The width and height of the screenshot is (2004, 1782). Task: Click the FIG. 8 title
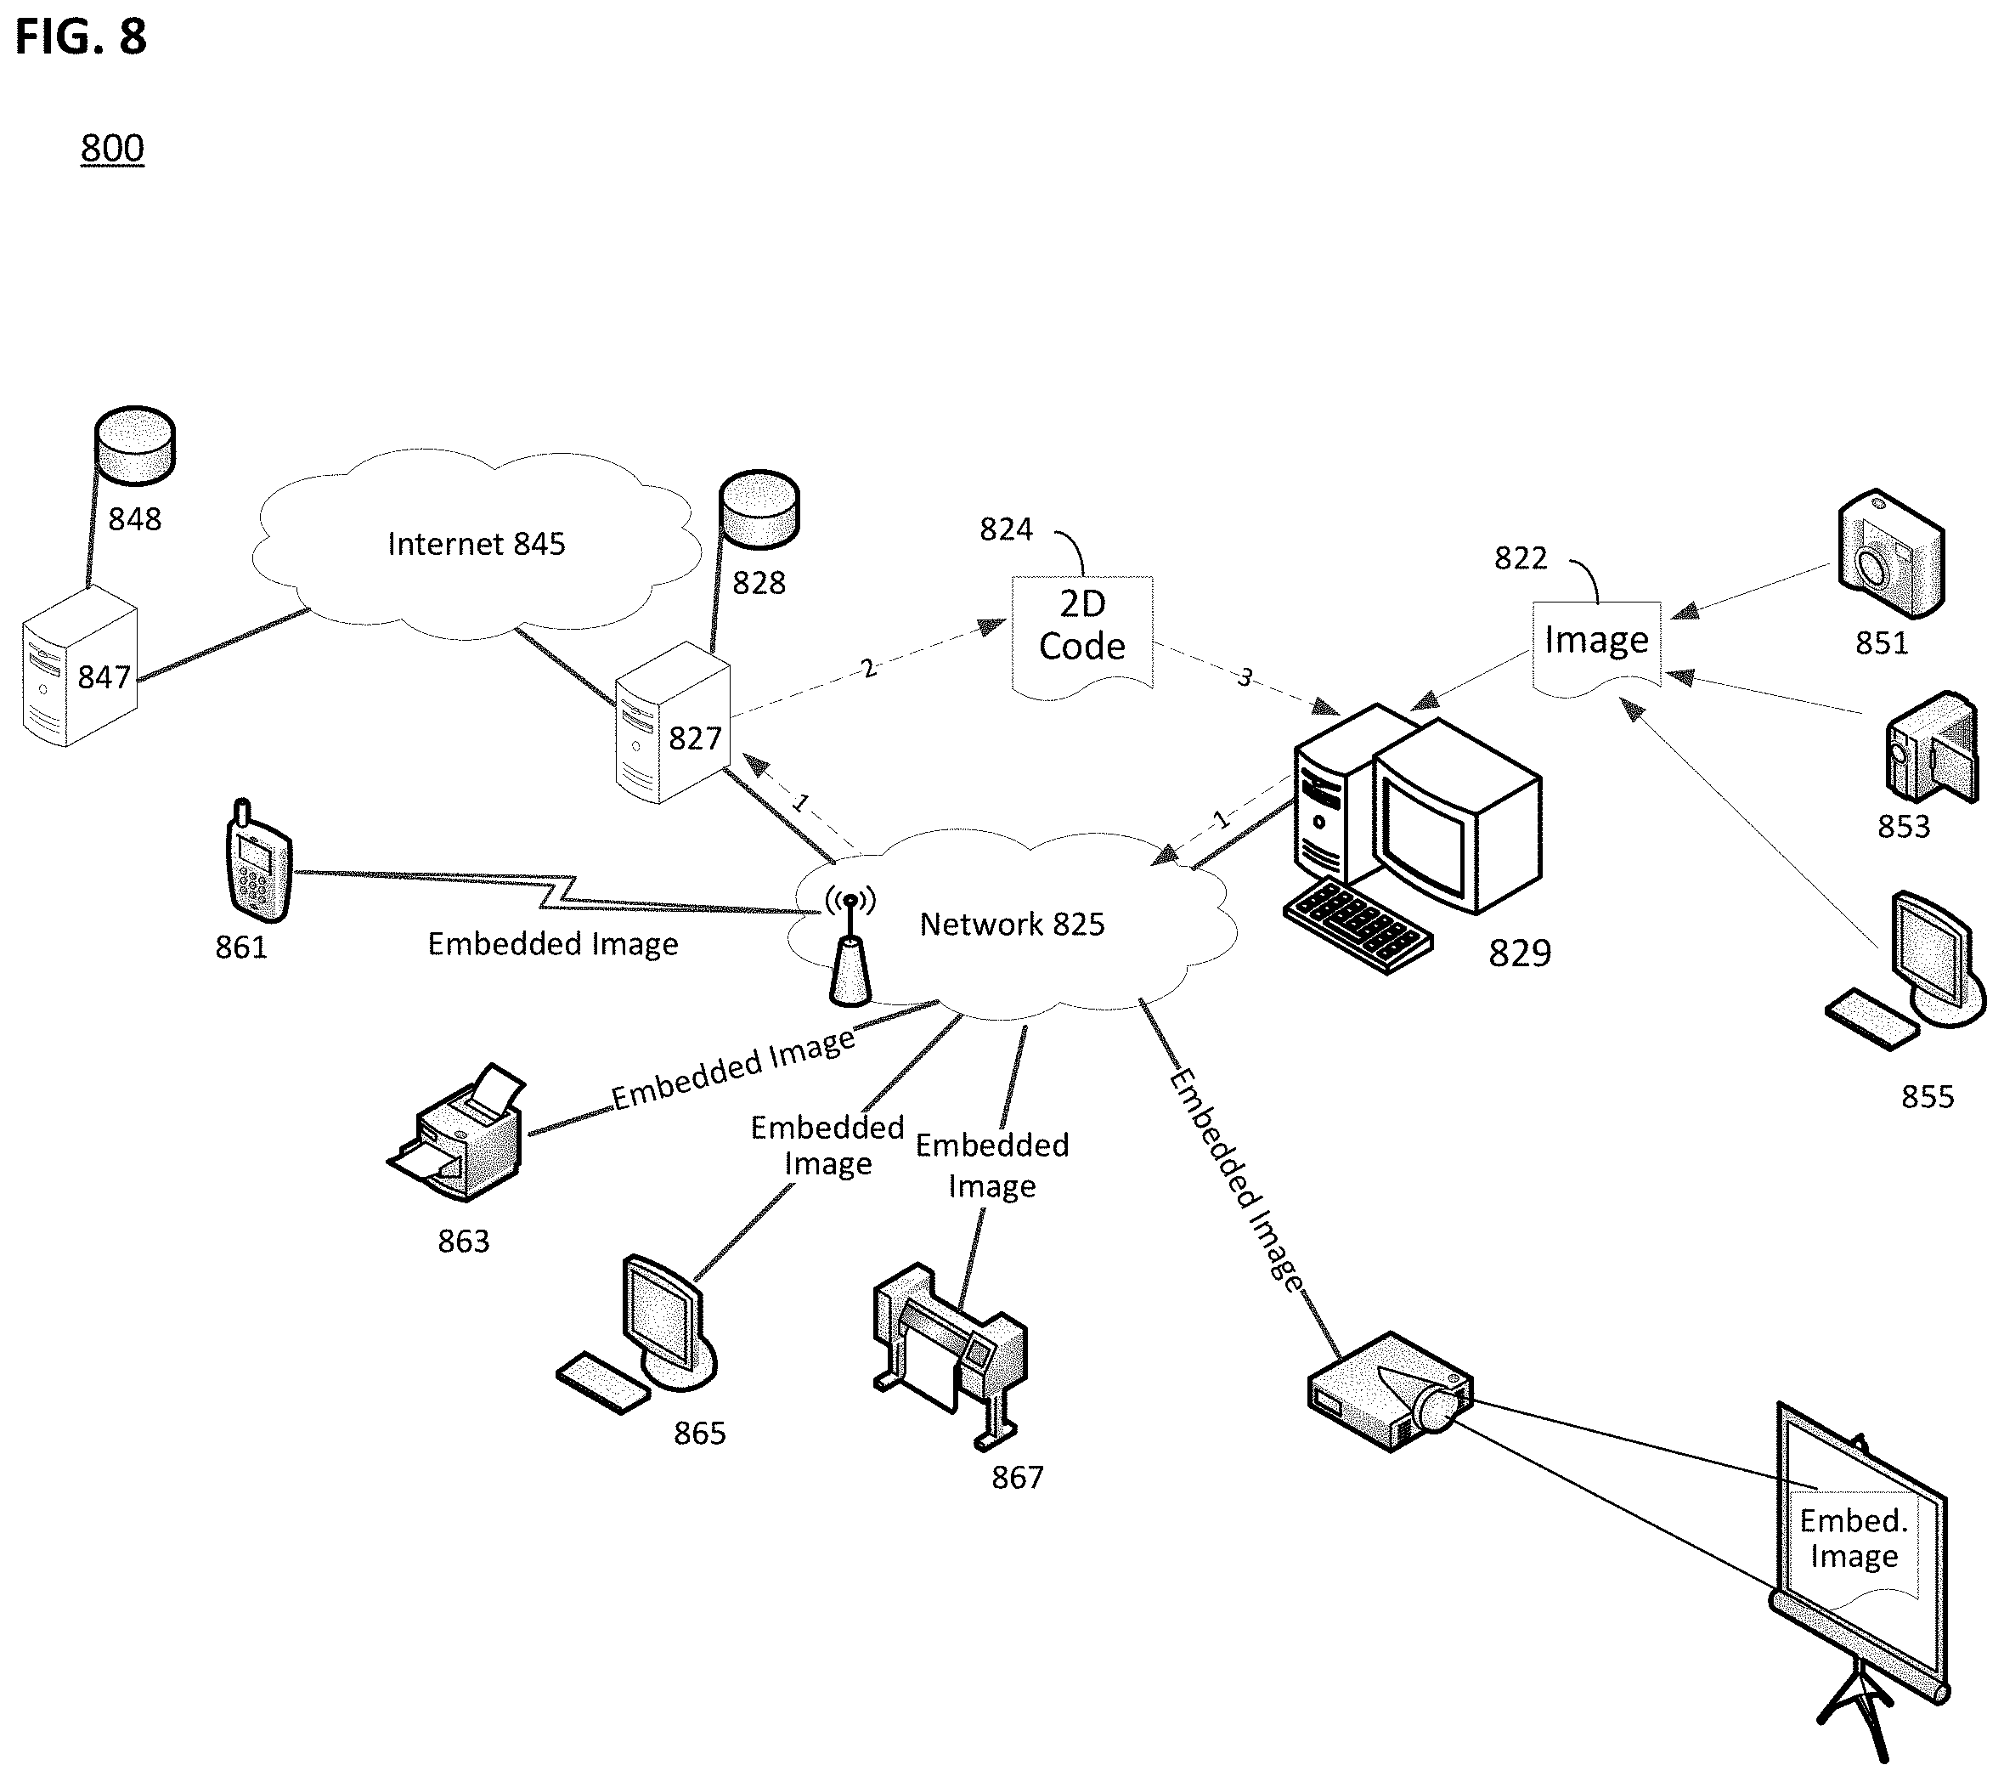[81, 37]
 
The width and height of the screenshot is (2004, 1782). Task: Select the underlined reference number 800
[112, 148]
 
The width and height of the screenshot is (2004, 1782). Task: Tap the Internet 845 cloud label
[477, 543]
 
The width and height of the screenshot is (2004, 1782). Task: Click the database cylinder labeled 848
[134, 445]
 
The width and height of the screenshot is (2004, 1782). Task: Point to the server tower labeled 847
[79, 667]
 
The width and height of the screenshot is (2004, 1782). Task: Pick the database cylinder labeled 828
[759, 509]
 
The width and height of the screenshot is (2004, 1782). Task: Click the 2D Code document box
[1082, 636]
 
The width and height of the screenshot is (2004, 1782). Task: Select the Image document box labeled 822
[1596, 648]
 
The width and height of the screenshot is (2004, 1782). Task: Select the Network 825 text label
[1012, 924]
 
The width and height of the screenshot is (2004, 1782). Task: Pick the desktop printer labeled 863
[458, 1132]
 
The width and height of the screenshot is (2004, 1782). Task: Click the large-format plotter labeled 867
[950, 1355]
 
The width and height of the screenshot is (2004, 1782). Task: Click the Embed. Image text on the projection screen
[1853, 1538]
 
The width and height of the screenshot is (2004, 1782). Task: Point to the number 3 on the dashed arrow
[1245, 676]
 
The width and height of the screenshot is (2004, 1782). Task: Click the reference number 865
[700, 1433]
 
